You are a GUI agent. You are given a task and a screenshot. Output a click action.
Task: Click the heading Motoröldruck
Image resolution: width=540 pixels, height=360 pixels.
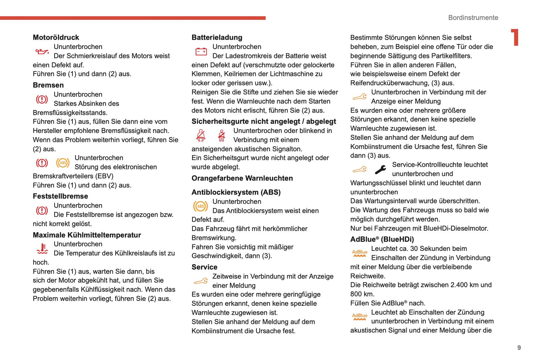(56, 37)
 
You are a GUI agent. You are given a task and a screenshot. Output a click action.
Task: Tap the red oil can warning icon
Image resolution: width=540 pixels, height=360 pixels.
(42, 51)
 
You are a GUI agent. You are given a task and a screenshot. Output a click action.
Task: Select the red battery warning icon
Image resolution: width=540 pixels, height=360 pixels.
(201, 51)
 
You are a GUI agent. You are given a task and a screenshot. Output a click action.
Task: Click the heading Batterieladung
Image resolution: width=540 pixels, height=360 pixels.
(217, 37)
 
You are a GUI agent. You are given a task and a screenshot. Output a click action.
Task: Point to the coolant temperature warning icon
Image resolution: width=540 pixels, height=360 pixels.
(42, 248)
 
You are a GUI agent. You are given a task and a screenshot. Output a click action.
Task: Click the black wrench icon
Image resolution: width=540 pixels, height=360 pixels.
(380, 170)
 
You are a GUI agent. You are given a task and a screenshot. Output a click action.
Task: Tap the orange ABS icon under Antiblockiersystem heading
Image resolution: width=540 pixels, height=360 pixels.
(201, 206)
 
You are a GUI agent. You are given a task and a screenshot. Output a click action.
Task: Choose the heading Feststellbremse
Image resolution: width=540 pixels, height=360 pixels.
(60, 196)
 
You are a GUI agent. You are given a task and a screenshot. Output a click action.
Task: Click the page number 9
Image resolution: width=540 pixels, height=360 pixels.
(519, 348)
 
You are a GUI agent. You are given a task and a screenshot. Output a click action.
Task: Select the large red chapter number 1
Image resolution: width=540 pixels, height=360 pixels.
(515, 37)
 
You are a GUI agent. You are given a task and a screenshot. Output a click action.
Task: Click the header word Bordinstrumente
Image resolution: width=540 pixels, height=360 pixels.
(473, 18)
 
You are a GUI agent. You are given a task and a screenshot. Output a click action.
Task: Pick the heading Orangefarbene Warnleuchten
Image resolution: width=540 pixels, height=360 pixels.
(242, 178)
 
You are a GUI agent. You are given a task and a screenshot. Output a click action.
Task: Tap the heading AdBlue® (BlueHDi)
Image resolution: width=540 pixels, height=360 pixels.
(382, 239)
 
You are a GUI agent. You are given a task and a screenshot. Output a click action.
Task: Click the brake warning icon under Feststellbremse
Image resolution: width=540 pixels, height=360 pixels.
(42, 210)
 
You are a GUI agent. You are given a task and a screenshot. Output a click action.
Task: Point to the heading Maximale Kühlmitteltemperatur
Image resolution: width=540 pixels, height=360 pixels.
(87, 235)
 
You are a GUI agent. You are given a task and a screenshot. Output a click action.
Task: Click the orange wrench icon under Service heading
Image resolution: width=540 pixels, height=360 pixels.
(201, 281)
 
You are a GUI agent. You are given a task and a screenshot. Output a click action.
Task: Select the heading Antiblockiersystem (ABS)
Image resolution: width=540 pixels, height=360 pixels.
(236, 192)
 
